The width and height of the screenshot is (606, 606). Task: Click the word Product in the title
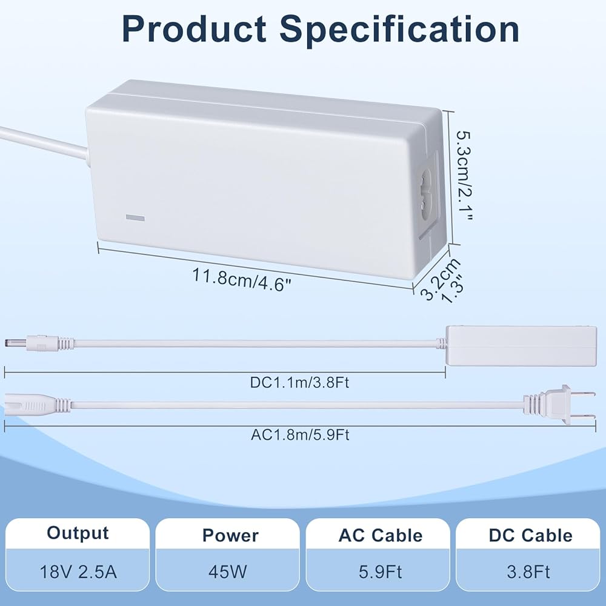coord(194,29)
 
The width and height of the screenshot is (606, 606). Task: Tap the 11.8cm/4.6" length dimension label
coord(242,279)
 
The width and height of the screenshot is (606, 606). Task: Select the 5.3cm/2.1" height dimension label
coord(465,176)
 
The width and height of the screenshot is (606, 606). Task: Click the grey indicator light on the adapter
coord(135,218)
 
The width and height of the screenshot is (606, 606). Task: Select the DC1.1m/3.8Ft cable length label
coord(299,382)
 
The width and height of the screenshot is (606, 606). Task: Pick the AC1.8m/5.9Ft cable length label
coord(301,435)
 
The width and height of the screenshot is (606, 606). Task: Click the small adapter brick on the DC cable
coord(521,345)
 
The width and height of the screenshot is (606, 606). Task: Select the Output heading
coord(78,533)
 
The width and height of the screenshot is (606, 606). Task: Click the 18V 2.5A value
coord(78,571)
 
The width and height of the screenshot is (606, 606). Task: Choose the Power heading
coord(230,535)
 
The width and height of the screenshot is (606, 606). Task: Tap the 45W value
coord(228,571)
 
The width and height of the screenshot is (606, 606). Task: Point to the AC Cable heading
coord(381,535)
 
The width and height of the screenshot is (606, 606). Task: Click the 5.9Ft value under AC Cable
coord(381,572)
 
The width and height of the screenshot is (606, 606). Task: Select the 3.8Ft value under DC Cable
coord(528,572)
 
